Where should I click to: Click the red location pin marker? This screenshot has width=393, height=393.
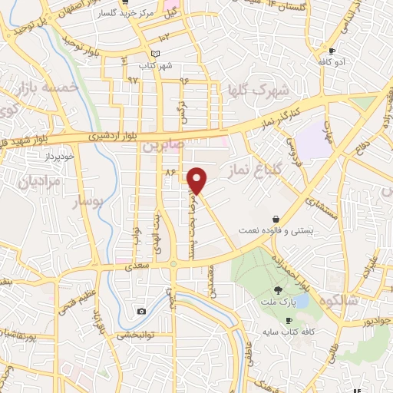(197, 180)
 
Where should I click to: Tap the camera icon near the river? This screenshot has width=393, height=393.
(142, 311)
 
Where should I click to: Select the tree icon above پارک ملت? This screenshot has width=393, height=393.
(278, 289)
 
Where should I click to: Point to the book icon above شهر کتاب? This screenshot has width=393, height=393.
(157, 53)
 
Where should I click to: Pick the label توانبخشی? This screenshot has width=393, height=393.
(137, 335)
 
